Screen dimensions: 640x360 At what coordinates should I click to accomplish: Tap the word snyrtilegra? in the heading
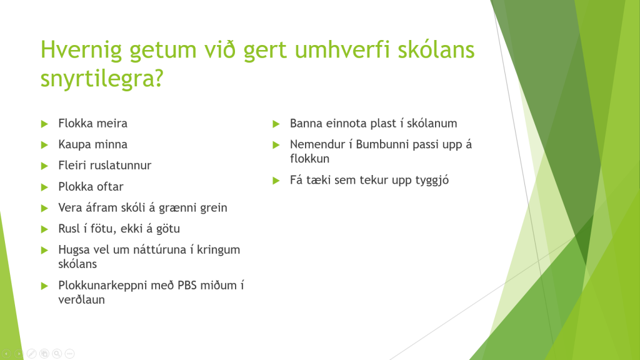click(x=102, y=79)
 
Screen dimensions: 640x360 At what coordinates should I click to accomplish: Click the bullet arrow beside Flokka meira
click(x=44, y=124)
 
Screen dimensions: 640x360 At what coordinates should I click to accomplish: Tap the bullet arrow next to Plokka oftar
click(x=44, y=187)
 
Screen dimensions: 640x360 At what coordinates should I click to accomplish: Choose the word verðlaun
click(x=82, y=299)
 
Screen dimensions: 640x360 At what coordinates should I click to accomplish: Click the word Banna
click(x=306, y=123)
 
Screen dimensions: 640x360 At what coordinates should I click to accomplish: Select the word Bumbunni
click(x=382, y=144)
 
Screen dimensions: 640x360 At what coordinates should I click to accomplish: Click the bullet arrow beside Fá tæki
click(x=276, y=181)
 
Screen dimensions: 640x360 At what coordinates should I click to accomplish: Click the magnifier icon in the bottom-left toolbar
click(x=57, y=354)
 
